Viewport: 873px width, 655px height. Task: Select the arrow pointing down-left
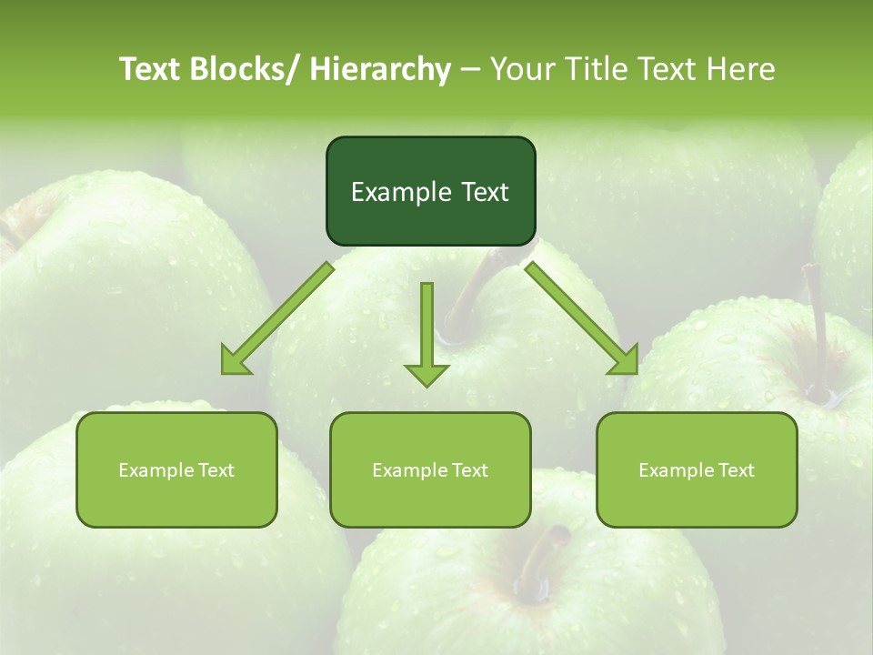(277, 318)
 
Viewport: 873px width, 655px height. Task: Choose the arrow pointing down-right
(582, 318)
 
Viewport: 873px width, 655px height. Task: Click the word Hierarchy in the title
(380, 69)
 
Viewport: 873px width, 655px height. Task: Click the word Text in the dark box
(483, 192)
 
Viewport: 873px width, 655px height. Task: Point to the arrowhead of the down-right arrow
(627, 362)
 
